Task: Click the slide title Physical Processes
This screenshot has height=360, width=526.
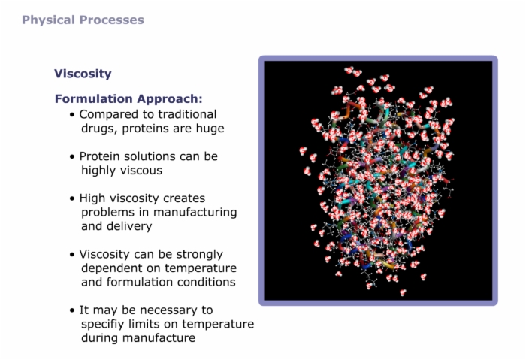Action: (x=83, y=20)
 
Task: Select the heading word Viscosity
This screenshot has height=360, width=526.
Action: (x=83, y=74)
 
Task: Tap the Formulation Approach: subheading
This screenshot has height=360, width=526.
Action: (x=128, y=99)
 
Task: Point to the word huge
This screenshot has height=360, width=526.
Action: (x=210, y=129)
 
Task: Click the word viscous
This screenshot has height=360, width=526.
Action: (x=141, y=171)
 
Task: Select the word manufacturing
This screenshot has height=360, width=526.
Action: (x=195, y=213)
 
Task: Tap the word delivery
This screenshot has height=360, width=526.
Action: (x=129, y=226)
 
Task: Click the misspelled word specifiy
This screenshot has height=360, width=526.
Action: (x=103, y=325)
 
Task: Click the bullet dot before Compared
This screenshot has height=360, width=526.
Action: (x=72, y=115)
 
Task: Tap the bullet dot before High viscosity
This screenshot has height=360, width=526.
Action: (x=72, y=198)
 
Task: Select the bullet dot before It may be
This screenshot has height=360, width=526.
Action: (x=72, y=310)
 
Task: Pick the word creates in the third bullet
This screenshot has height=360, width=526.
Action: (x=184, y=198)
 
